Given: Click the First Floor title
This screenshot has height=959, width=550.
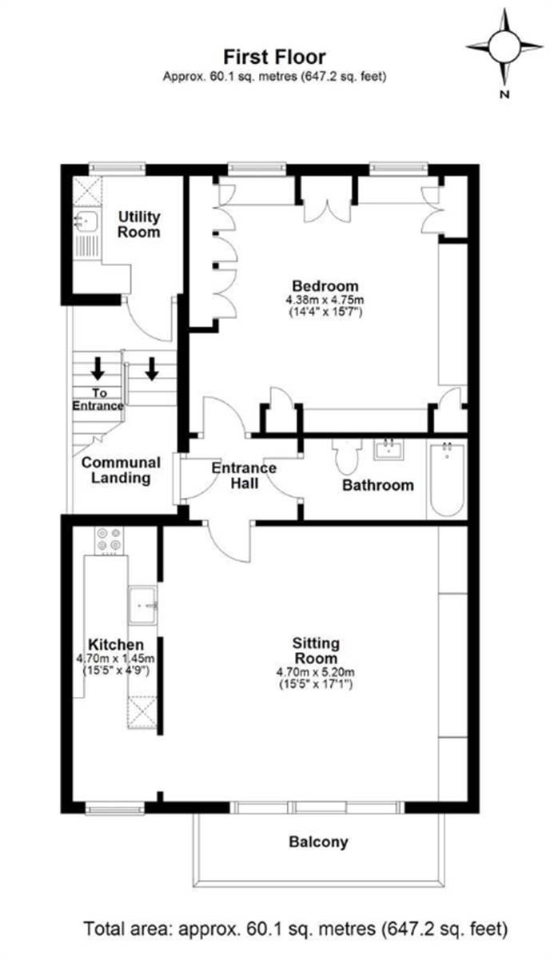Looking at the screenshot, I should pos(274,58).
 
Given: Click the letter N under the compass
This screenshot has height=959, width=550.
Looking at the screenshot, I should pos(504,94).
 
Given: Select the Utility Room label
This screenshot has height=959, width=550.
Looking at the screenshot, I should pos(139,225).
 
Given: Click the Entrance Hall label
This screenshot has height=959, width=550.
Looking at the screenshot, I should pos(244,476).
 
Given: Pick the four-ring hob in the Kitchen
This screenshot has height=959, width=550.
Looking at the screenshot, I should pos(109,541).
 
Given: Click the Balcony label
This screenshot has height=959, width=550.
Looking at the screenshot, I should pos(318,842).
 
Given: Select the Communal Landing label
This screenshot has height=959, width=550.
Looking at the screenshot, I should pos(120,470).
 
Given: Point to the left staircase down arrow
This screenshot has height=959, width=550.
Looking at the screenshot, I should pos(98,368).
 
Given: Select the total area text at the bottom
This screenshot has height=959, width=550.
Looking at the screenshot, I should pos(296,929).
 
